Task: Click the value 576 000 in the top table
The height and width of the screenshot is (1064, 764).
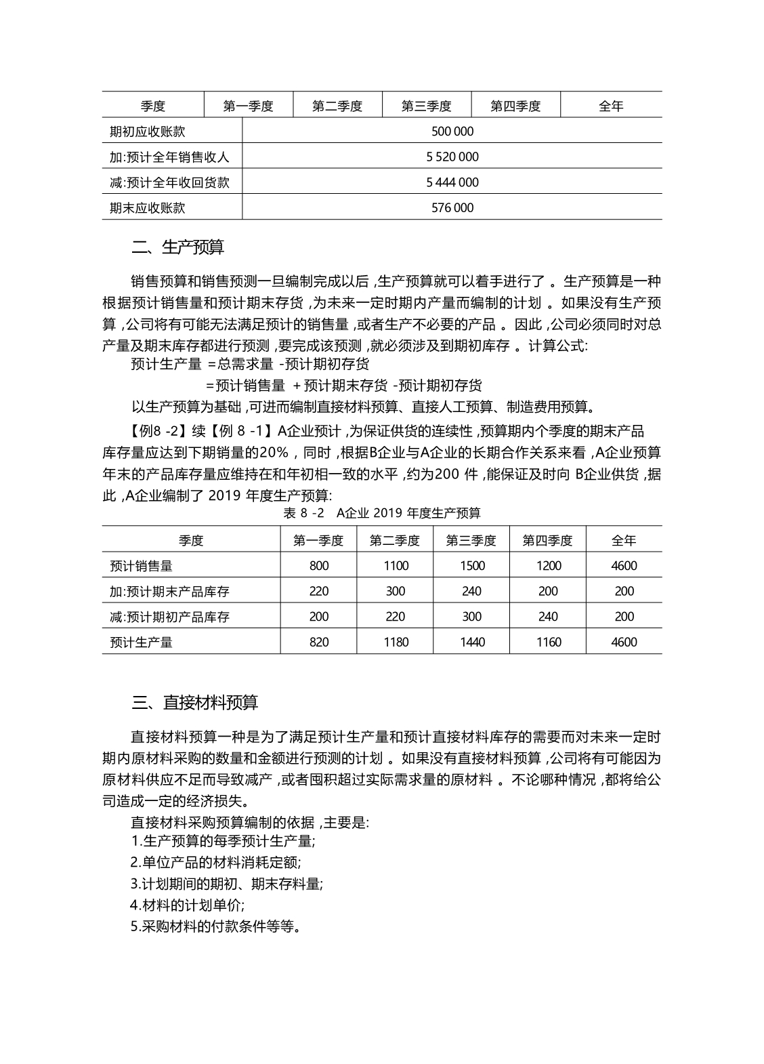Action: click(452, 207)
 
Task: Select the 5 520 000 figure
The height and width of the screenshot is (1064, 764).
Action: click(452, 157)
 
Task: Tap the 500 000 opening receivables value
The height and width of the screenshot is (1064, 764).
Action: click(452, 131)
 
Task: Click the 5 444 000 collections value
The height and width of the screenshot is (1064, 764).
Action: click(452, 182)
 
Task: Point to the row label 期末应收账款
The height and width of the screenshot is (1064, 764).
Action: click(148, 207)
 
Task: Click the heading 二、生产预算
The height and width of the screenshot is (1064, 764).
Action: click(177, 247)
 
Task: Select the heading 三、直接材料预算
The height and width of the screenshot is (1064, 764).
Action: click(194, 702)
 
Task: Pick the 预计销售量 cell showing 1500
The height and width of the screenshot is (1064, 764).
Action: click(472, 565)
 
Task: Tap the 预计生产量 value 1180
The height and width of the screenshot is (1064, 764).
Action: click(396, 642)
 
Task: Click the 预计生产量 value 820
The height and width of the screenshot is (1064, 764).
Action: click(319, 642)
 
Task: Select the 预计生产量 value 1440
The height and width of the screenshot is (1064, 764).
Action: click(472, 642)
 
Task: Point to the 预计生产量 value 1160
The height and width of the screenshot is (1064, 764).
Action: click(549, 642)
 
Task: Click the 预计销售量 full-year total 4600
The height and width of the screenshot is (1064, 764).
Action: click(624, 565)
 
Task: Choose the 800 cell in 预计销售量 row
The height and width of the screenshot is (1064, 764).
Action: click(319, 565)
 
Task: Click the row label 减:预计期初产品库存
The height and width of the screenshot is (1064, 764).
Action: click(170, 617)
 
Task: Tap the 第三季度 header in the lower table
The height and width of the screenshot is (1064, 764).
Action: click(471, 540)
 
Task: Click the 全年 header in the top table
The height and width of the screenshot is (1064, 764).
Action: click(611, 106)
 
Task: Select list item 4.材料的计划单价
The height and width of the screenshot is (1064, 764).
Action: click(188, 905)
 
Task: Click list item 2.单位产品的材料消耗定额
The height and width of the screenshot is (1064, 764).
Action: click(216, 863)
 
